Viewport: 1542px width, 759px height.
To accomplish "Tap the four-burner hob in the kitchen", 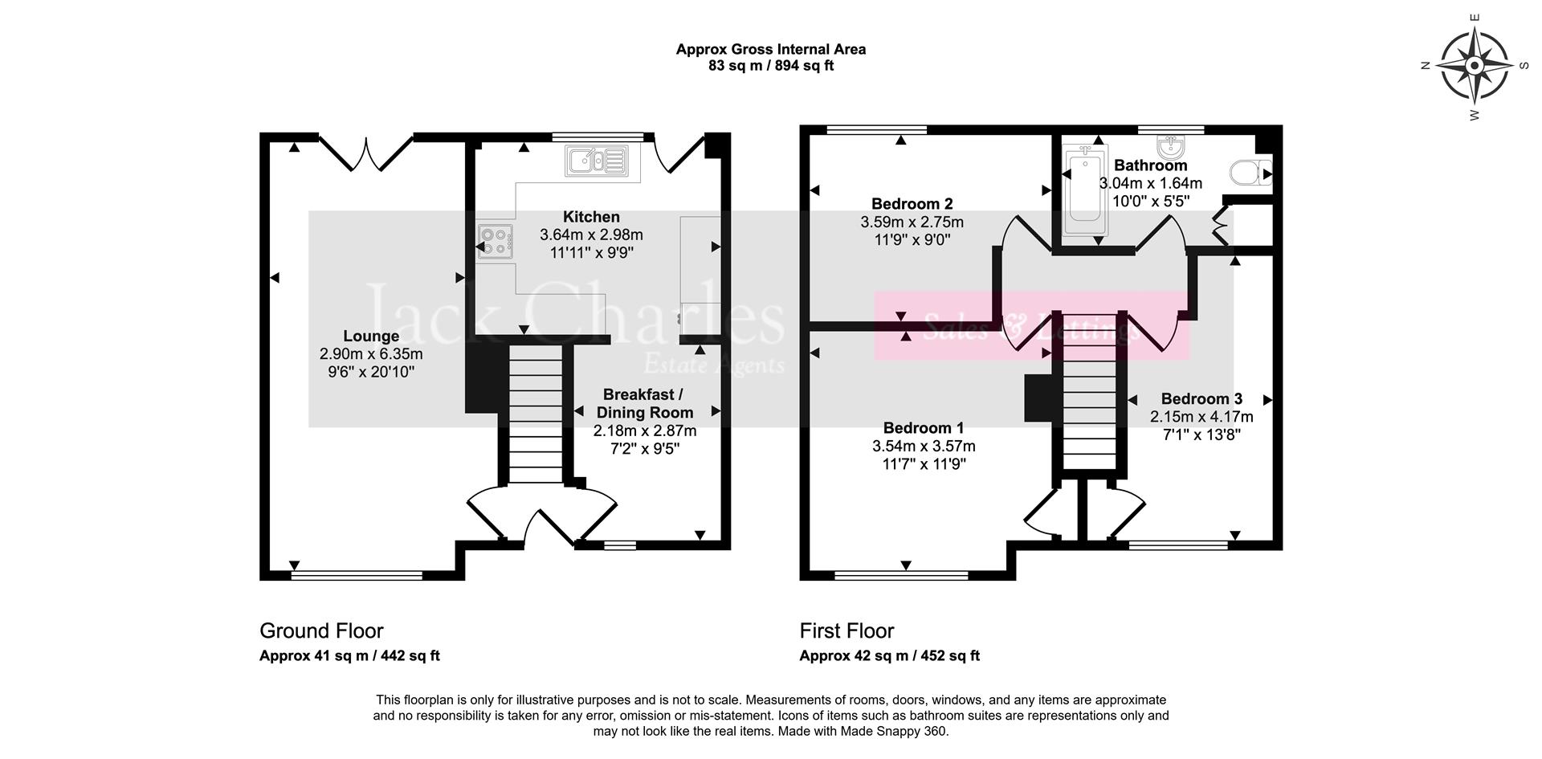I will coord(494,242).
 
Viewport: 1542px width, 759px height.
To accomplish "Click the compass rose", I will coord(1475,65).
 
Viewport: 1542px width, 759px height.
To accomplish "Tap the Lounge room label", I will coord(371,337).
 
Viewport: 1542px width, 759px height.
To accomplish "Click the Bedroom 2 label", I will coord(912,204).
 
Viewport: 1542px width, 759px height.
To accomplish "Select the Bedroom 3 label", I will coord(1201,399).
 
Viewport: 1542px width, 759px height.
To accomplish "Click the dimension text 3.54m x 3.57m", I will coord(924,447).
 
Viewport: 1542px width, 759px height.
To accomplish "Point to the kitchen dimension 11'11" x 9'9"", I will coord(591,253).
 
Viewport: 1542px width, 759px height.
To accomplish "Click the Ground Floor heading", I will coord(321,630).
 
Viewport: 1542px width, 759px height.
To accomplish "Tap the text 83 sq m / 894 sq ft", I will coord(770,66).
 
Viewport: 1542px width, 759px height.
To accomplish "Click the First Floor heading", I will coord(846,630).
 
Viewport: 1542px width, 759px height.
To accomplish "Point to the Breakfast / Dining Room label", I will coord(643,403).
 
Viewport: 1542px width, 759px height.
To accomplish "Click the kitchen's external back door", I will coord(675,153).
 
